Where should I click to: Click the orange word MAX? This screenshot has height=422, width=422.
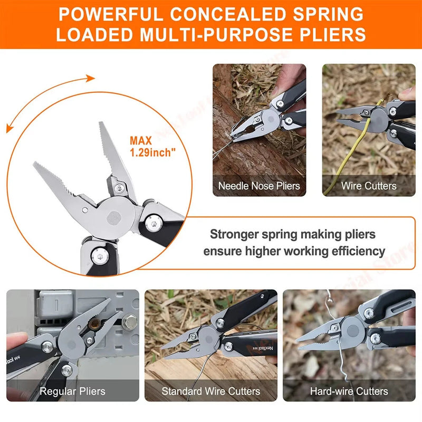point(141,141)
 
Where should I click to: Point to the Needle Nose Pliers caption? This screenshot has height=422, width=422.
point(259,186)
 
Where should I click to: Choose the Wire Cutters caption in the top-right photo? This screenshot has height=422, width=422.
point(369,186)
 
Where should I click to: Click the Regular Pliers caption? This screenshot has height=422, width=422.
point(72,391)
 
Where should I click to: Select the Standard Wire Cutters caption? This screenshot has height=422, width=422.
point(211,391)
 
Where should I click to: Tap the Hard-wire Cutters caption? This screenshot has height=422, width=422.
point(349,391)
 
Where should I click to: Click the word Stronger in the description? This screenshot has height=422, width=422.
point(234,234)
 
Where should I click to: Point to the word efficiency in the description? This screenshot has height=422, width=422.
point(354,251)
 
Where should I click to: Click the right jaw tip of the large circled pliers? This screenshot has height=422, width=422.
point(101,125)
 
